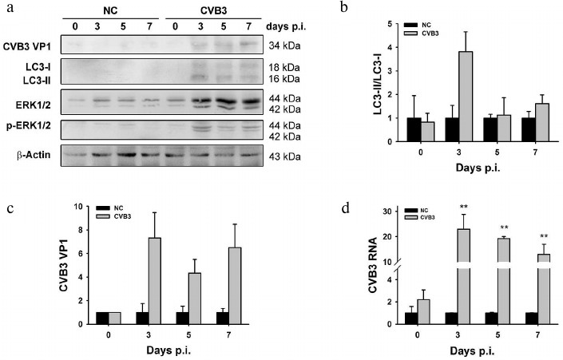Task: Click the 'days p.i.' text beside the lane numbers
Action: coord(291,26)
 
